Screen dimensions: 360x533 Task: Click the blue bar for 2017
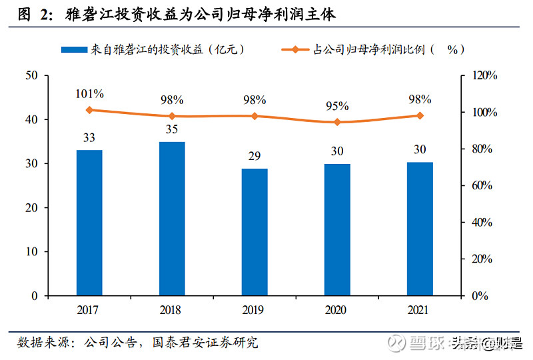(89, 223)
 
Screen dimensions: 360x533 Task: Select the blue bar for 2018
(172, 219)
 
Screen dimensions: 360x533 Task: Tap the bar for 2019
(255, 232)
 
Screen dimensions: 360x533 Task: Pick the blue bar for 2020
(337, 230)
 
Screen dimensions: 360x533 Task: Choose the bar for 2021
(420, 229)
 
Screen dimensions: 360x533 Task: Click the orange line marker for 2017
(89, 110)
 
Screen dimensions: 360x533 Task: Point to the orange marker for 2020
(337, 122)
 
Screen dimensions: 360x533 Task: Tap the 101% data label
(89, 93)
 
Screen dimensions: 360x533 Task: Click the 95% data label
(337, 105)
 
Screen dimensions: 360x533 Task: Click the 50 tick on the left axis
(31, 75)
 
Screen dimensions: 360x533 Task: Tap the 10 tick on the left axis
(31, 252)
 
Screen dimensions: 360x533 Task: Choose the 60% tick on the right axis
(482, 185)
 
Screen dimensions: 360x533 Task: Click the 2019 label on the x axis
(255, 310)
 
